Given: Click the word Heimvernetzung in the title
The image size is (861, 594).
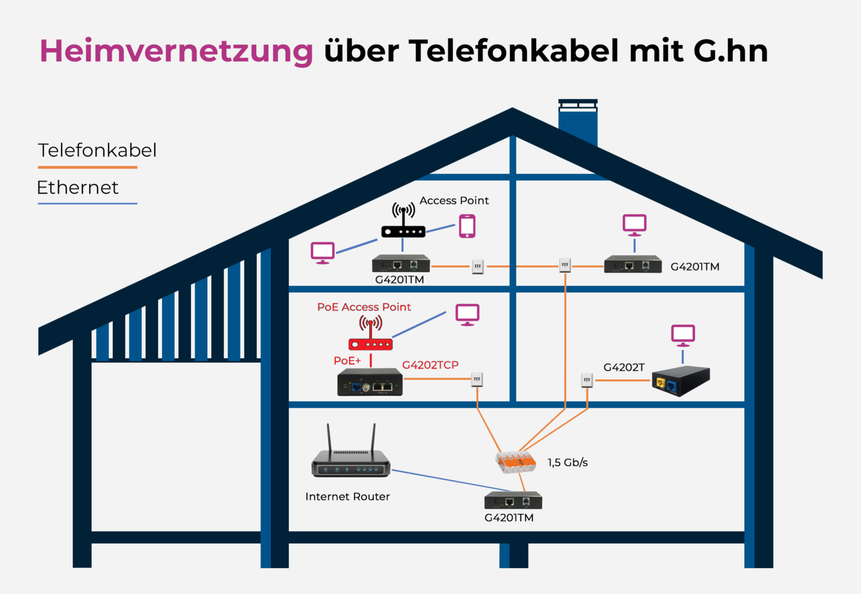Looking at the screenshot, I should click(x=176, y=51).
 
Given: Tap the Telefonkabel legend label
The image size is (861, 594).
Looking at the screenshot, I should click(x=97, y=150).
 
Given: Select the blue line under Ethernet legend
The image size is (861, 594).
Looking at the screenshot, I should click(x=87, y=203).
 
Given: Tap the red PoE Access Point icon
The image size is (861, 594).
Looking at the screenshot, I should click(x=371, y=335).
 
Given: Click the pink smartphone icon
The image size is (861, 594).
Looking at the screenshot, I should click(x=467, y=227).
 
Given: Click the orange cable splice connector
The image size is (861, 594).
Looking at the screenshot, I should click(x=515, y=462).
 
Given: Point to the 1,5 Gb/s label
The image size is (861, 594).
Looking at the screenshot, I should click(x=567, y=462).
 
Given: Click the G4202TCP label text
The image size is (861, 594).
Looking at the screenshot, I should click(x=430, y=365).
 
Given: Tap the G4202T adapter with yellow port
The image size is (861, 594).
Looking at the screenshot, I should click(x=681, y=381).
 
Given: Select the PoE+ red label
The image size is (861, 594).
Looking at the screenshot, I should click(x=347, y=361).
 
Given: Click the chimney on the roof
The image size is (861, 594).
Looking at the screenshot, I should click(x=578, y=122).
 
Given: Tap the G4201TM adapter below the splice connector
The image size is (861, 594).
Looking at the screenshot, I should click(x=513, y=500).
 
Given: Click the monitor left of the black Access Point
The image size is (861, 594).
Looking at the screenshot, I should click(x=323, y=252).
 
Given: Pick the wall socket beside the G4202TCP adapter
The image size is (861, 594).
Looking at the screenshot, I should click(x=477, y=380).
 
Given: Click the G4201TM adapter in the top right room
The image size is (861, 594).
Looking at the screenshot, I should click(x=632, y=265).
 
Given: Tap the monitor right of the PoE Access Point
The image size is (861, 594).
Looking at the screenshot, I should click(x=467, y=314).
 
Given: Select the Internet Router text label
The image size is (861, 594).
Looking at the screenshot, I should click(x=348, y=496).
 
